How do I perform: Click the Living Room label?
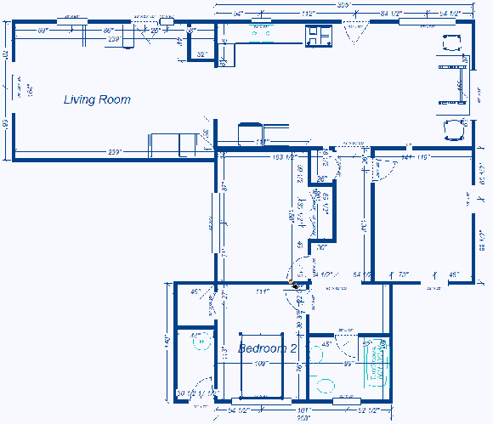(x=97, y=99)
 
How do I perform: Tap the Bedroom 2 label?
(x=267, y=348)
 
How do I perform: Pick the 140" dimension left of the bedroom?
(x=167, y=341)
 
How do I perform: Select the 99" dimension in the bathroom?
(x=348, y=364)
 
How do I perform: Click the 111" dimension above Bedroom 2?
(x=261, y=291)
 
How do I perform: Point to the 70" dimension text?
(x=404, y=274)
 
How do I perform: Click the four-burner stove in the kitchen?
(x=320, y=36)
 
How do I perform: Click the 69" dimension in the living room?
(x=42, y=31)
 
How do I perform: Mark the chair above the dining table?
(x=450, y=43)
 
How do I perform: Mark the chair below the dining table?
(x=453, y=130)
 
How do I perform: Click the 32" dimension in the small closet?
(x=202, y=54)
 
